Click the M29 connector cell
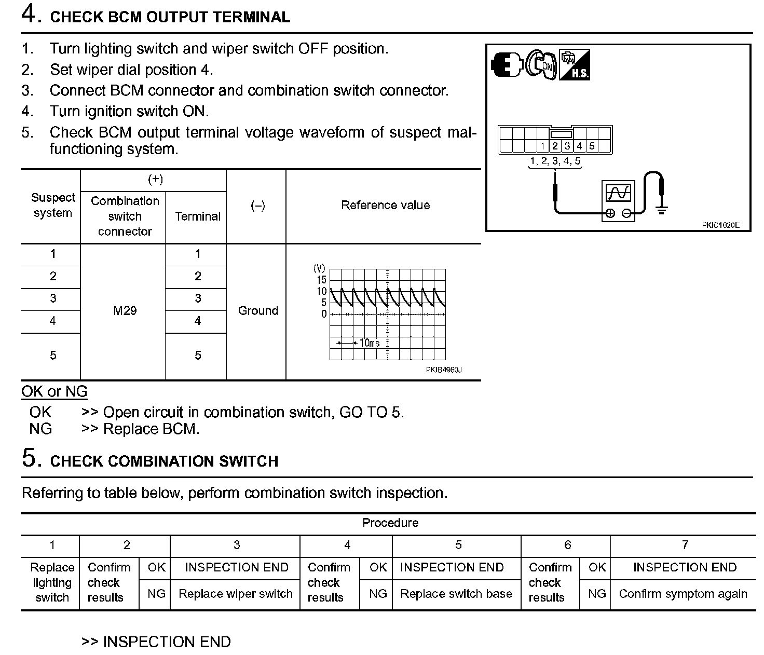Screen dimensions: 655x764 click(125, 311)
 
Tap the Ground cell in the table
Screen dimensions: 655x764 click(258, 311)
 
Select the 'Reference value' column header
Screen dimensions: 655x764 click(385, 206)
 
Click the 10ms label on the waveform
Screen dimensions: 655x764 click(369, 343)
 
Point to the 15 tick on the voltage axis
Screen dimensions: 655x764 click(322, 280)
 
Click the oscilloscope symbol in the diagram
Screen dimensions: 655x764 click(618, 200)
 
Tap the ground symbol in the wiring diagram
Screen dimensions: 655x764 click(661, 209)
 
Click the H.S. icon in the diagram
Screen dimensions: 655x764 click(575, 65)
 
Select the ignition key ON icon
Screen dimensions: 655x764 click(542, 65)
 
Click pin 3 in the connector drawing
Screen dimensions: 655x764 click(567, 146)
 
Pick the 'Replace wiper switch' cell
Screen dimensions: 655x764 click(236, 594)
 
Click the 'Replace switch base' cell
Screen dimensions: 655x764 click(456, 594)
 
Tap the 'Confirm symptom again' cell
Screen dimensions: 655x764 click(683, 594)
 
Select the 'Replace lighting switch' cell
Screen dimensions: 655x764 click(52, 582)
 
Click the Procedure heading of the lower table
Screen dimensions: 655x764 click(390, 523)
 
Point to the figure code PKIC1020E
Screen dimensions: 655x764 click(720, 225)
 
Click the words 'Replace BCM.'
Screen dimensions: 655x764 click(151, 429)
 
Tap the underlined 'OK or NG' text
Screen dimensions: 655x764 click(54, 392)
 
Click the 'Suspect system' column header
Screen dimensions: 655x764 click(52, 206)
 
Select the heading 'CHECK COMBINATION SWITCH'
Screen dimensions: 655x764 click(164, 461)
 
